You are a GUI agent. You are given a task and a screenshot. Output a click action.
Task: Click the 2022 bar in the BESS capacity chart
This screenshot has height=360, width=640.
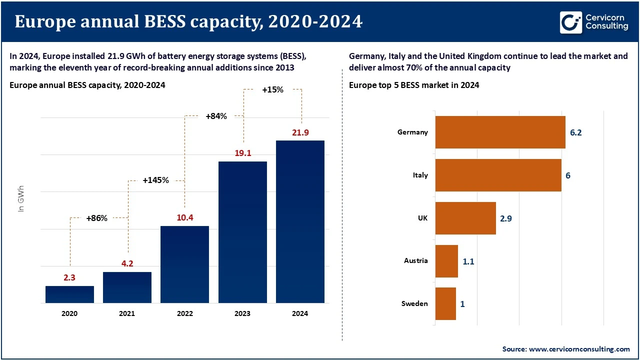tap(184, 264)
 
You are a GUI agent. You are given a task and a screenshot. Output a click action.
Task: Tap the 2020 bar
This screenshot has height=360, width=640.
tap(69, 294)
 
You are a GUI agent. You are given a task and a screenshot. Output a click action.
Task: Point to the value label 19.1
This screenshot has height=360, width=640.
tap(242, 153)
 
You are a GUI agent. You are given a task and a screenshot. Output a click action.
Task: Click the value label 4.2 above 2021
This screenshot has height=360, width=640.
tap(127, 263)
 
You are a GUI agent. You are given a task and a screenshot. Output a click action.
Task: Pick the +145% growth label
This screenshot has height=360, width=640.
tap(155, 180)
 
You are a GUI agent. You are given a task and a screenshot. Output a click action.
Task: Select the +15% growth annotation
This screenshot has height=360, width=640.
tap(272, 90)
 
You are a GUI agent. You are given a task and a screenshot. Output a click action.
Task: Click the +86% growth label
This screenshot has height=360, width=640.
tap(96, 218)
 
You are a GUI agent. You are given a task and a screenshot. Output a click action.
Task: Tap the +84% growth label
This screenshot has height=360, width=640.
tap(216, 116)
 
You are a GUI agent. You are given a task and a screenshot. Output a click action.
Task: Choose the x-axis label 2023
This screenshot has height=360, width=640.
tap(242, 313)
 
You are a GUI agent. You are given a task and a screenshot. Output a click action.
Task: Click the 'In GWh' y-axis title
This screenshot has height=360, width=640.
tap(21, 199)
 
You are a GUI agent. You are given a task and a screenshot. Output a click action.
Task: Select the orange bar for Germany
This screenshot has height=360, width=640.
tap(500, 132)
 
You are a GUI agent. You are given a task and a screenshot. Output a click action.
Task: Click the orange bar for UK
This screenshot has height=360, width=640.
tap(465, 218)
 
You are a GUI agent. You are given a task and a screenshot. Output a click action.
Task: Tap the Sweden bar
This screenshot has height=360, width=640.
tap(445, 303)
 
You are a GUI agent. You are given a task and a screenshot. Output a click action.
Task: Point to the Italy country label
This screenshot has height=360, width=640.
tap(420, 175)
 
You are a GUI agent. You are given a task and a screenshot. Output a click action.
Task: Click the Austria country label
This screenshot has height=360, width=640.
tap(415, 260)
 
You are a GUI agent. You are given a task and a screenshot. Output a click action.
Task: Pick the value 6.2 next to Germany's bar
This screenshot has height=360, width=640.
tap(575, 132)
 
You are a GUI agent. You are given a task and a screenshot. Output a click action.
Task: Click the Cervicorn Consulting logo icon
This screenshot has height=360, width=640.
tap(571, 23)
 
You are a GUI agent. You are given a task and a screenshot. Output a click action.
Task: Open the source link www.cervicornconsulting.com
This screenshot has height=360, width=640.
tap(580, 348)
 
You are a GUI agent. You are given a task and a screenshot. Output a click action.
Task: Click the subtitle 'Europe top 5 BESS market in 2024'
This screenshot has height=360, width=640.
tap(414, 85)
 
